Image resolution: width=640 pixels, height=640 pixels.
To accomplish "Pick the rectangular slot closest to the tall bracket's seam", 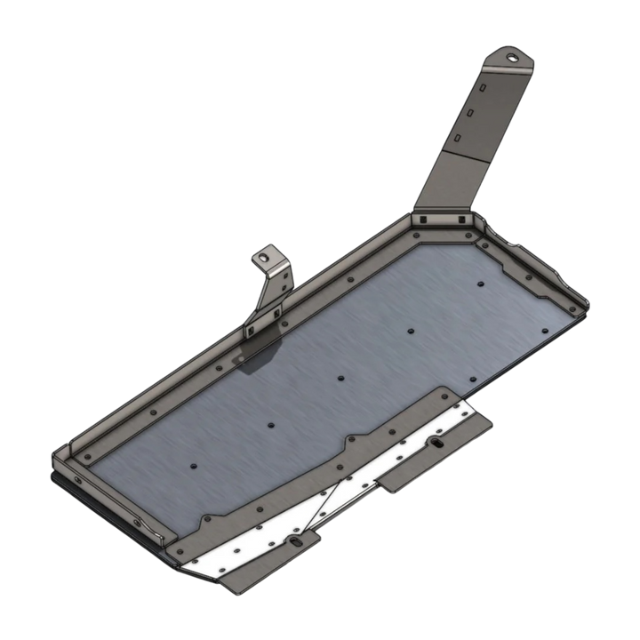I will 458,139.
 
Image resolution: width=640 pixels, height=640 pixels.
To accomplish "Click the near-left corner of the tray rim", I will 57,456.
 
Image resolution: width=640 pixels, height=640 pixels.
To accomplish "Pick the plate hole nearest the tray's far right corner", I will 480,284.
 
